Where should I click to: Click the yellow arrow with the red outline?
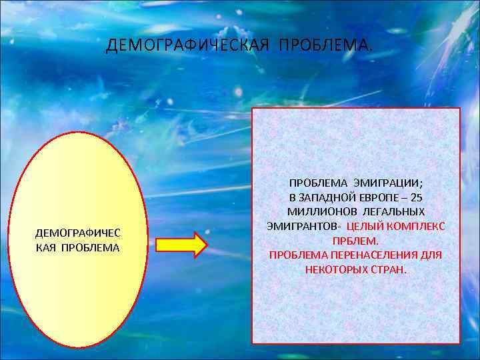coord(181,245)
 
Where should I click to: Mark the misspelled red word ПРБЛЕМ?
coord(355,241)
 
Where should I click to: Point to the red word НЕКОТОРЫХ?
coord(332,270)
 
